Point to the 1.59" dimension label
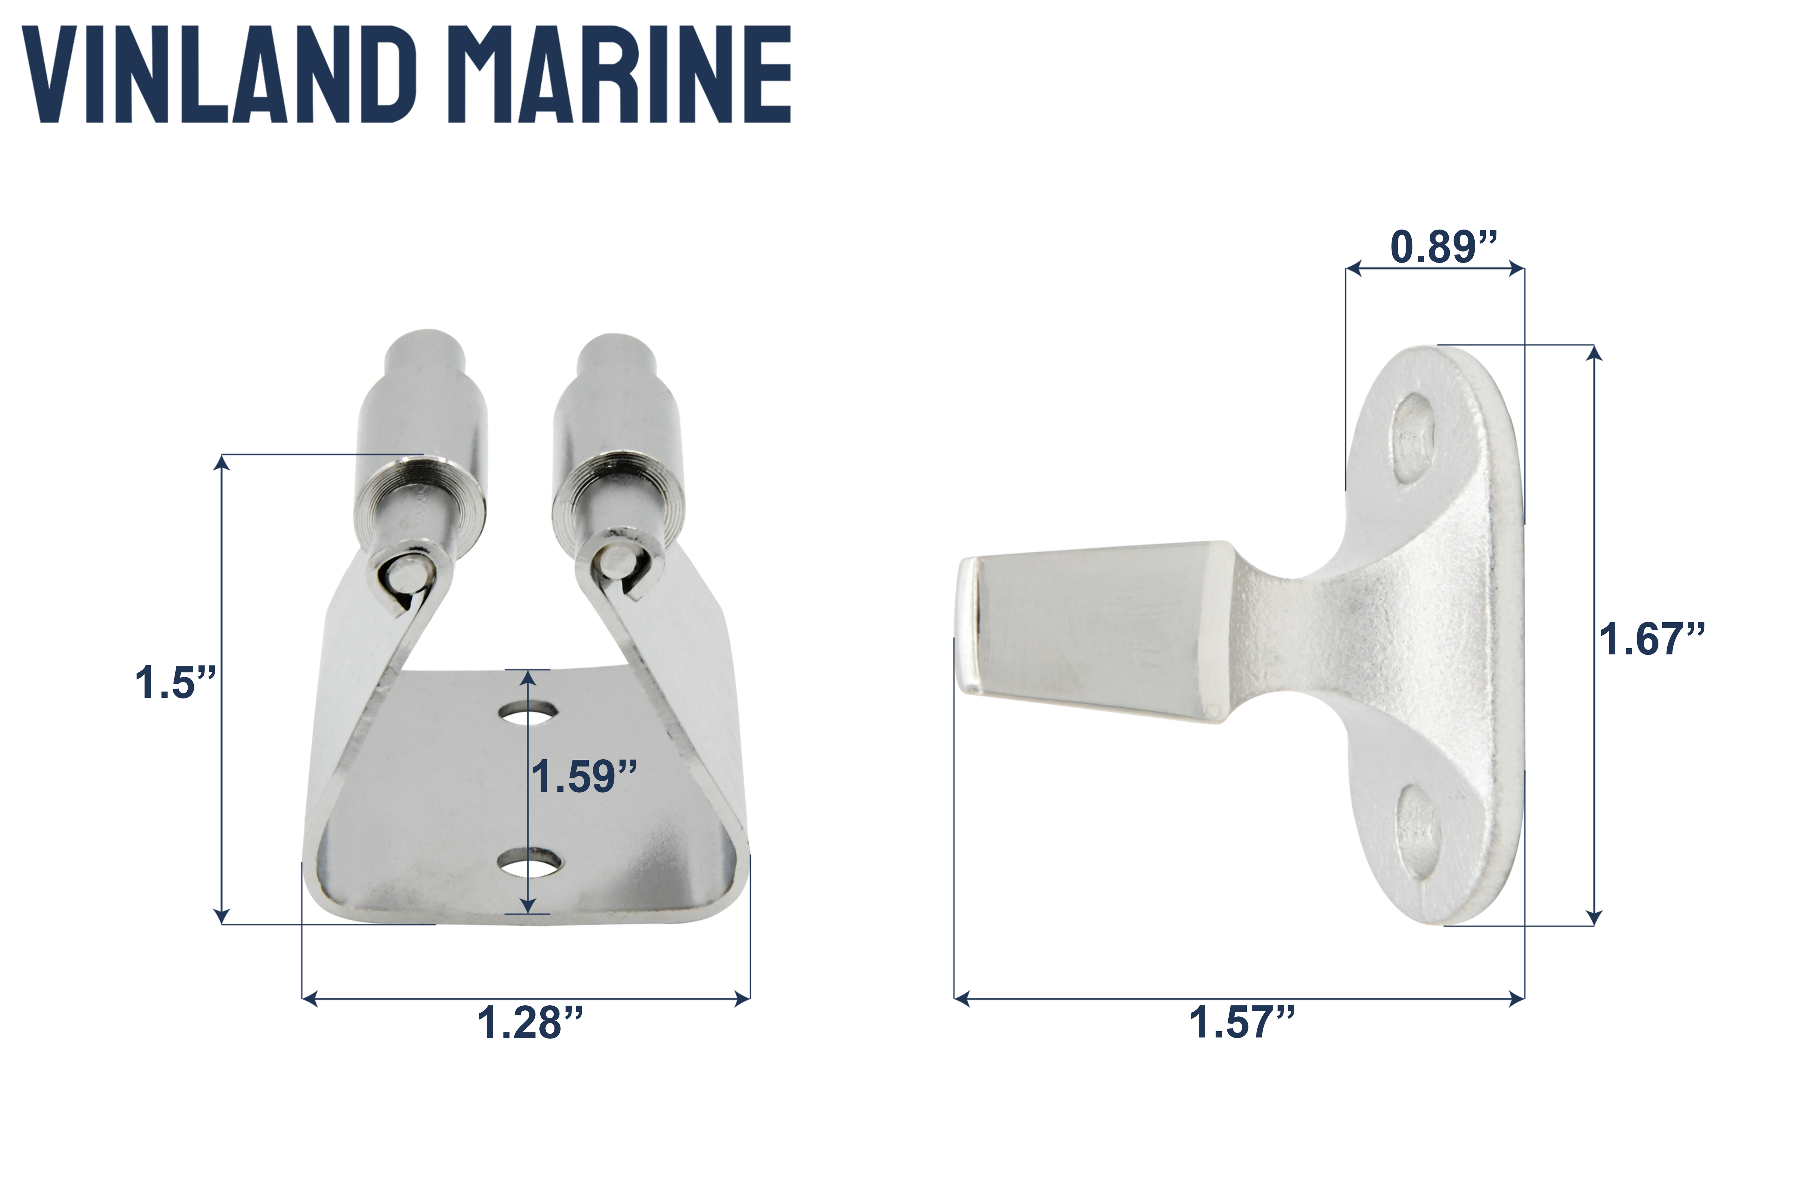583,777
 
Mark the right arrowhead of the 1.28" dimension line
742,998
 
